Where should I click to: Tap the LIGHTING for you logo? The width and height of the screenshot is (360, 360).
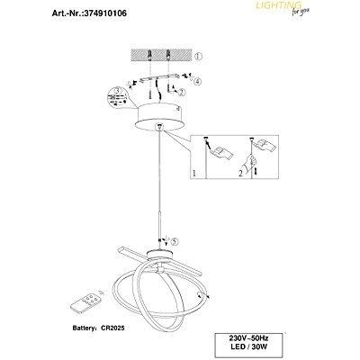[x=283, y=7]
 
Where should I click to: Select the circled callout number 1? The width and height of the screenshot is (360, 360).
[x=198, y=56]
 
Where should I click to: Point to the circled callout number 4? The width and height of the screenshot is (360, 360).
[x=197, y=81]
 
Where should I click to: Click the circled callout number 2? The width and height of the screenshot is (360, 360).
[x=182, y=93]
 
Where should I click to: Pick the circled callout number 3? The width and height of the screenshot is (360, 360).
[x=118, y=90]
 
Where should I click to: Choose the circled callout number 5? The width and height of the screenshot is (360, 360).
[x=175, y=241]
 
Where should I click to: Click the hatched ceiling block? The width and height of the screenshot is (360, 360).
[x=161, y=55]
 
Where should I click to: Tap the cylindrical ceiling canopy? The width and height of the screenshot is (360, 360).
[x=158, y=117]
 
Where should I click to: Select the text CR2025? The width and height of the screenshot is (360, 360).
[x=112, y=328]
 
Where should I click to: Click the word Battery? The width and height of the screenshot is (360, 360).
[x=85, y=328]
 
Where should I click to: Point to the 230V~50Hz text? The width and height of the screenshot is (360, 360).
[x=248, y=338]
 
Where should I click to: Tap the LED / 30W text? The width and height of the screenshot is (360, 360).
[x=248, y=347]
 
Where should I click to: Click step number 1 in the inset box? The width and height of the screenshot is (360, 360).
[x=194, y=173]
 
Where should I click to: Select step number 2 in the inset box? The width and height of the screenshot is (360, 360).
[x=240, y=173]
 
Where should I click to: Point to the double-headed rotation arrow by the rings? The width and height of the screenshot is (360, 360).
[x=202, y=296]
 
